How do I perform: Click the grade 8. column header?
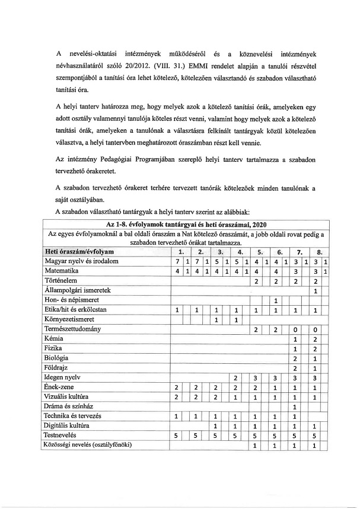(319, 251)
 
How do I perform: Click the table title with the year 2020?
(186, 225)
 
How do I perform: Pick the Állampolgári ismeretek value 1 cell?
(316, 290)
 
